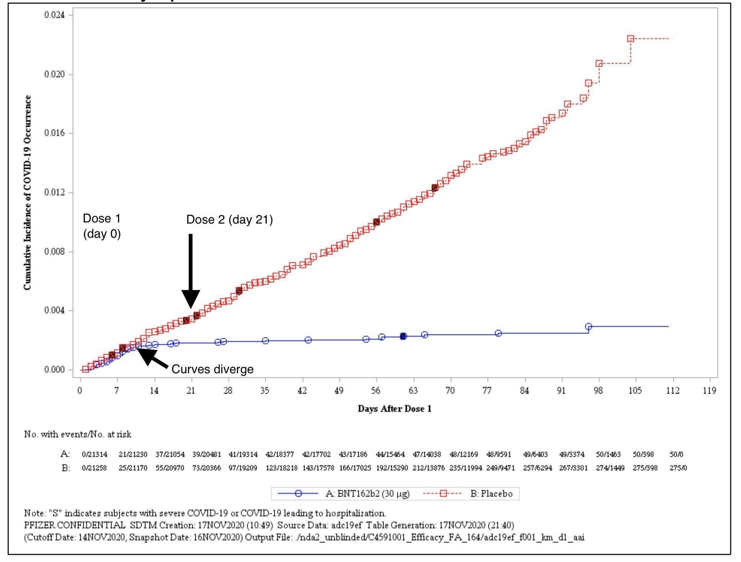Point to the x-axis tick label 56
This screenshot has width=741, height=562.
click(x=376, y=390)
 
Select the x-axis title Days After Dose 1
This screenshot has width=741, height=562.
click(x=394, y=409)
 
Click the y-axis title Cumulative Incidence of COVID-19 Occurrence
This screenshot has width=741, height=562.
click(x=27, y=193)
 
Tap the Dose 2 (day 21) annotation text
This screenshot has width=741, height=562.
click(x=229, y=220)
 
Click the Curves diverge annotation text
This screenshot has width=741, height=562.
click(x=212, y=369)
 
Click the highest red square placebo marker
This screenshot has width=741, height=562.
click(x=630, y=39)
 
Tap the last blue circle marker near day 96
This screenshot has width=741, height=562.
click(x=588, y=327)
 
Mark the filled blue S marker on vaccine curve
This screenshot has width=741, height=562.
click(x=403, y=336)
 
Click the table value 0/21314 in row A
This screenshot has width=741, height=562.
click(x=95, y=455)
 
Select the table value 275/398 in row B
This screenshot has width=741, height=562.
click(x=645, y=468)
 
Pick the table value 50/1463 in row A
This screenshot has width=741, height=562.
click(x=608, y=455)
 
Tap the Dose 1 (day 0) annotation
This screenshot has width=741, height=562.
click(x=102, y=226)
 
